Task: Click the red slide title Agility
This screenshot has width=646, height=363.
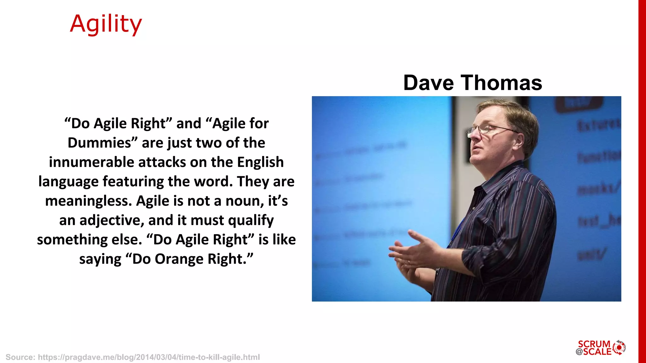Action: pyautogui.click(x=106, y=24)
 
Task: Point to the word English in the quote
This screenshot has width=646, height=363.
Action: pyautogui.click(x=260, y=162)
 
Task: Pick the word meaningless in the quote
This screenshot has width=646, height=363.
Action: pyautogui.click(x=89, y=201)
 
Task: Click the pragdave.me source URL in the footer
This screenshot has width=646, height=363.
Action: pyautogui.click(x=149, y=357)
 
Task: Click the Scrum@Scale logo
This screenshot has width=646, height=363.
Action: pyautogui.click(x=600, y=348)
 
